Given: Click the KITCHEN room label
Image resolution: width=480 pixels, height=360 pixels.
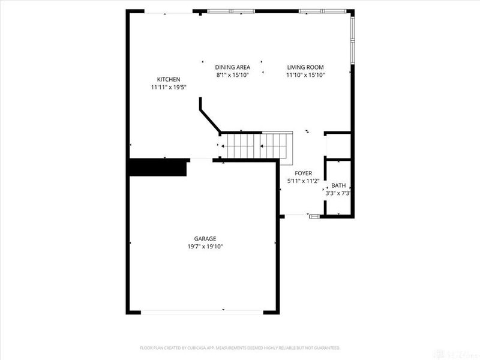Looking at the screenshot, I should [169, 80].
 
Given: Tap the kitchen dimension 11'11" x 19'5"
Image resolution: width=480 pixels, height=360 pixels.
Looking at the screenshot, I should [169, 88].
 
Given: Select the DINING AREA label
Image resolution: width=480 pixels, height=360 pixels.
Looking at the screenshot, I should [232, 67].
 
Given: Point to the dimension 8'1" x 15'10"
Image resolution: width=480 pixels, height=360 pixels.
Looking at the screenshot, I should [232, 75].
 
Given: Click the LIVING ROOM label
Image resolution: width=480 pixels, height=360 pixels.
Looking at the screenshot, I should [305, 67].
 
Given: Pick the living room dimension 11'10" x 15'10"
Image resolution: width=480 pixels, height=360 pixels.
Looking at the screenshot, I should [305, 75].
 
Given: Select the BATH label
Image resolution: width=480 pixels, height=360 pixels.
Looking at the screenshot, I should [338, 186].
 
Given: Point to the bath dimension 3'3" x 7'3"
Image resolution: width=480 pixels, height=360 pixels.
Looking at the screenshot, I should [338, 193].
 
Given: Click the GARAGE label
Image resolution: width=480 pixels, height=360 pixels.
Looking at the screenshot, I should [205, 238].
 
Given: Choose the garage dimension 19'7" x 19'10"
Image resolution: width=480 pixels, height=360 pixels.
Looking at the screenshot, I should [205, 246].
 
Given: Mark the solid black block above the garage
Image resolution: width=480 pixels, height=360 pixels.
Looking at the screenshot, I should [157, 167].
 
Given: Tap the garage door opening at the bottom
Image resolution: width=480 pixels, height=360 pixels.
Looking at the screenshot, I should [203, 311].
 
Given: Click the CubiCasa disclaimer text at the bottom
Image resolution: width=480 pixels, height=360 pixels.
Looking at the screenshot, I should [240, 347].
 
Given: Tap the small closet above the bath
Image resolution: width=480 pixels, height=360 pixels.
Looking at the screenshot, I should [338, 146].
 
